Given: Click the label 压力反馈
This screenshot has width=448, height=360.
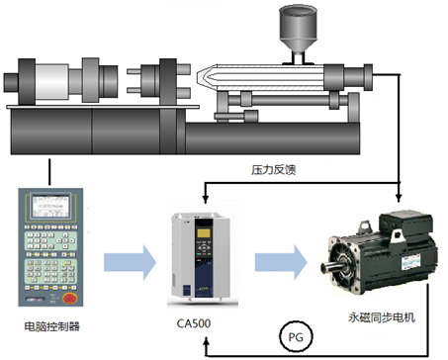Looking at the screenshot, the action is pyautogui.click(x=274, y=170).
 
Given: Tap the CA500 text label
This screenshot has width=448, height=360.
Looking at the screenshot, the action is pyautogui.click(x=194, y=323).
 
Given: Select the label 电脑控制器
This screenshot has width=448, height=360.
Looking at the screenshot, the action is pyautogui.click(x=52, y=326).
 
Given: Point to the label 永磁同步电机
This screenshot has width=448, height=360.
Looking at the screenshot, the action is pyautogui.click(x=382, y=317).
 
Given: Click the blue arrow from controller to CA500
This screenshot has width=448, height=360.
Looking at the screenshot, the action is pyautogui.click(x=130, y=262).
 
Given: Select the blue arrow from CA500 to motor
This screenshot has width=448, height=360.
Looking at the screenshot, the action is pyautogui.click(x=281, y=262).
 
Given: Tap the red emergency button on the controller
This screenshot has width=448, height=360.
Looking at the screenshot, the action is pyautogui.click(x=69, y=299).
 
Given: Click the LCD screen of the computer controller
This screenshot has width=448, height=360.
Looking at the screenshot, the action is pyautogui.click(x=49, y=207).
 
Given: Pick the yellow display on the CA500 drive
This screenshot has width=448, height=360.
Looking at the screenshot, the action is pyautogui.click(x=204, y=233).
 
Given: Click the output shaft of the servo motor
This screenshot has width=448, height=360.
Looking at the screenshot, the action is pyautogui.click(x=332, y=267).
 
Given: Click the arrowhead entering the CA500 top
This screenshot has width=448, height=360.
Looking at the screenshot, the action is pyautogui.click(x=206, y=199).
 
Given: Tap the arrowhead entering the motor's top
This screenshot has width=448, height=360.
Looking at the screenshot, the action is pyautogui.click(x=399, y=198).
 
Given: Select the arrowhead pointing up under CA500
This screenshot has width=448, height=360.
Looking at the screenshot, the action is pyautogui.click(x=207, y=340).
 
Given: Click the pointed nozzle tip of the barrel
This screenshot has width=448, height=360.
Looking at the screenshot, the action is pyautogui.click(x=198, y=77).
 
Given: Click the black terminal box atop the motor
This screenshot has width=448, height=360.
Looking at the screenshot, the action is pyautogui.click(x=405, y=225).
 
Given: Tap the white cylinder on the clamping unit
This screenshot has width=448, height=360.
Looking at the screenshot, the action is pyautogui.click(x=51, y=81).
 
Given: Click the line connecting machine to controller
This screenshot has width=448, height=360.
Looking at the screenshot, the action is pyautogui.click(x=49, y=172).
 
